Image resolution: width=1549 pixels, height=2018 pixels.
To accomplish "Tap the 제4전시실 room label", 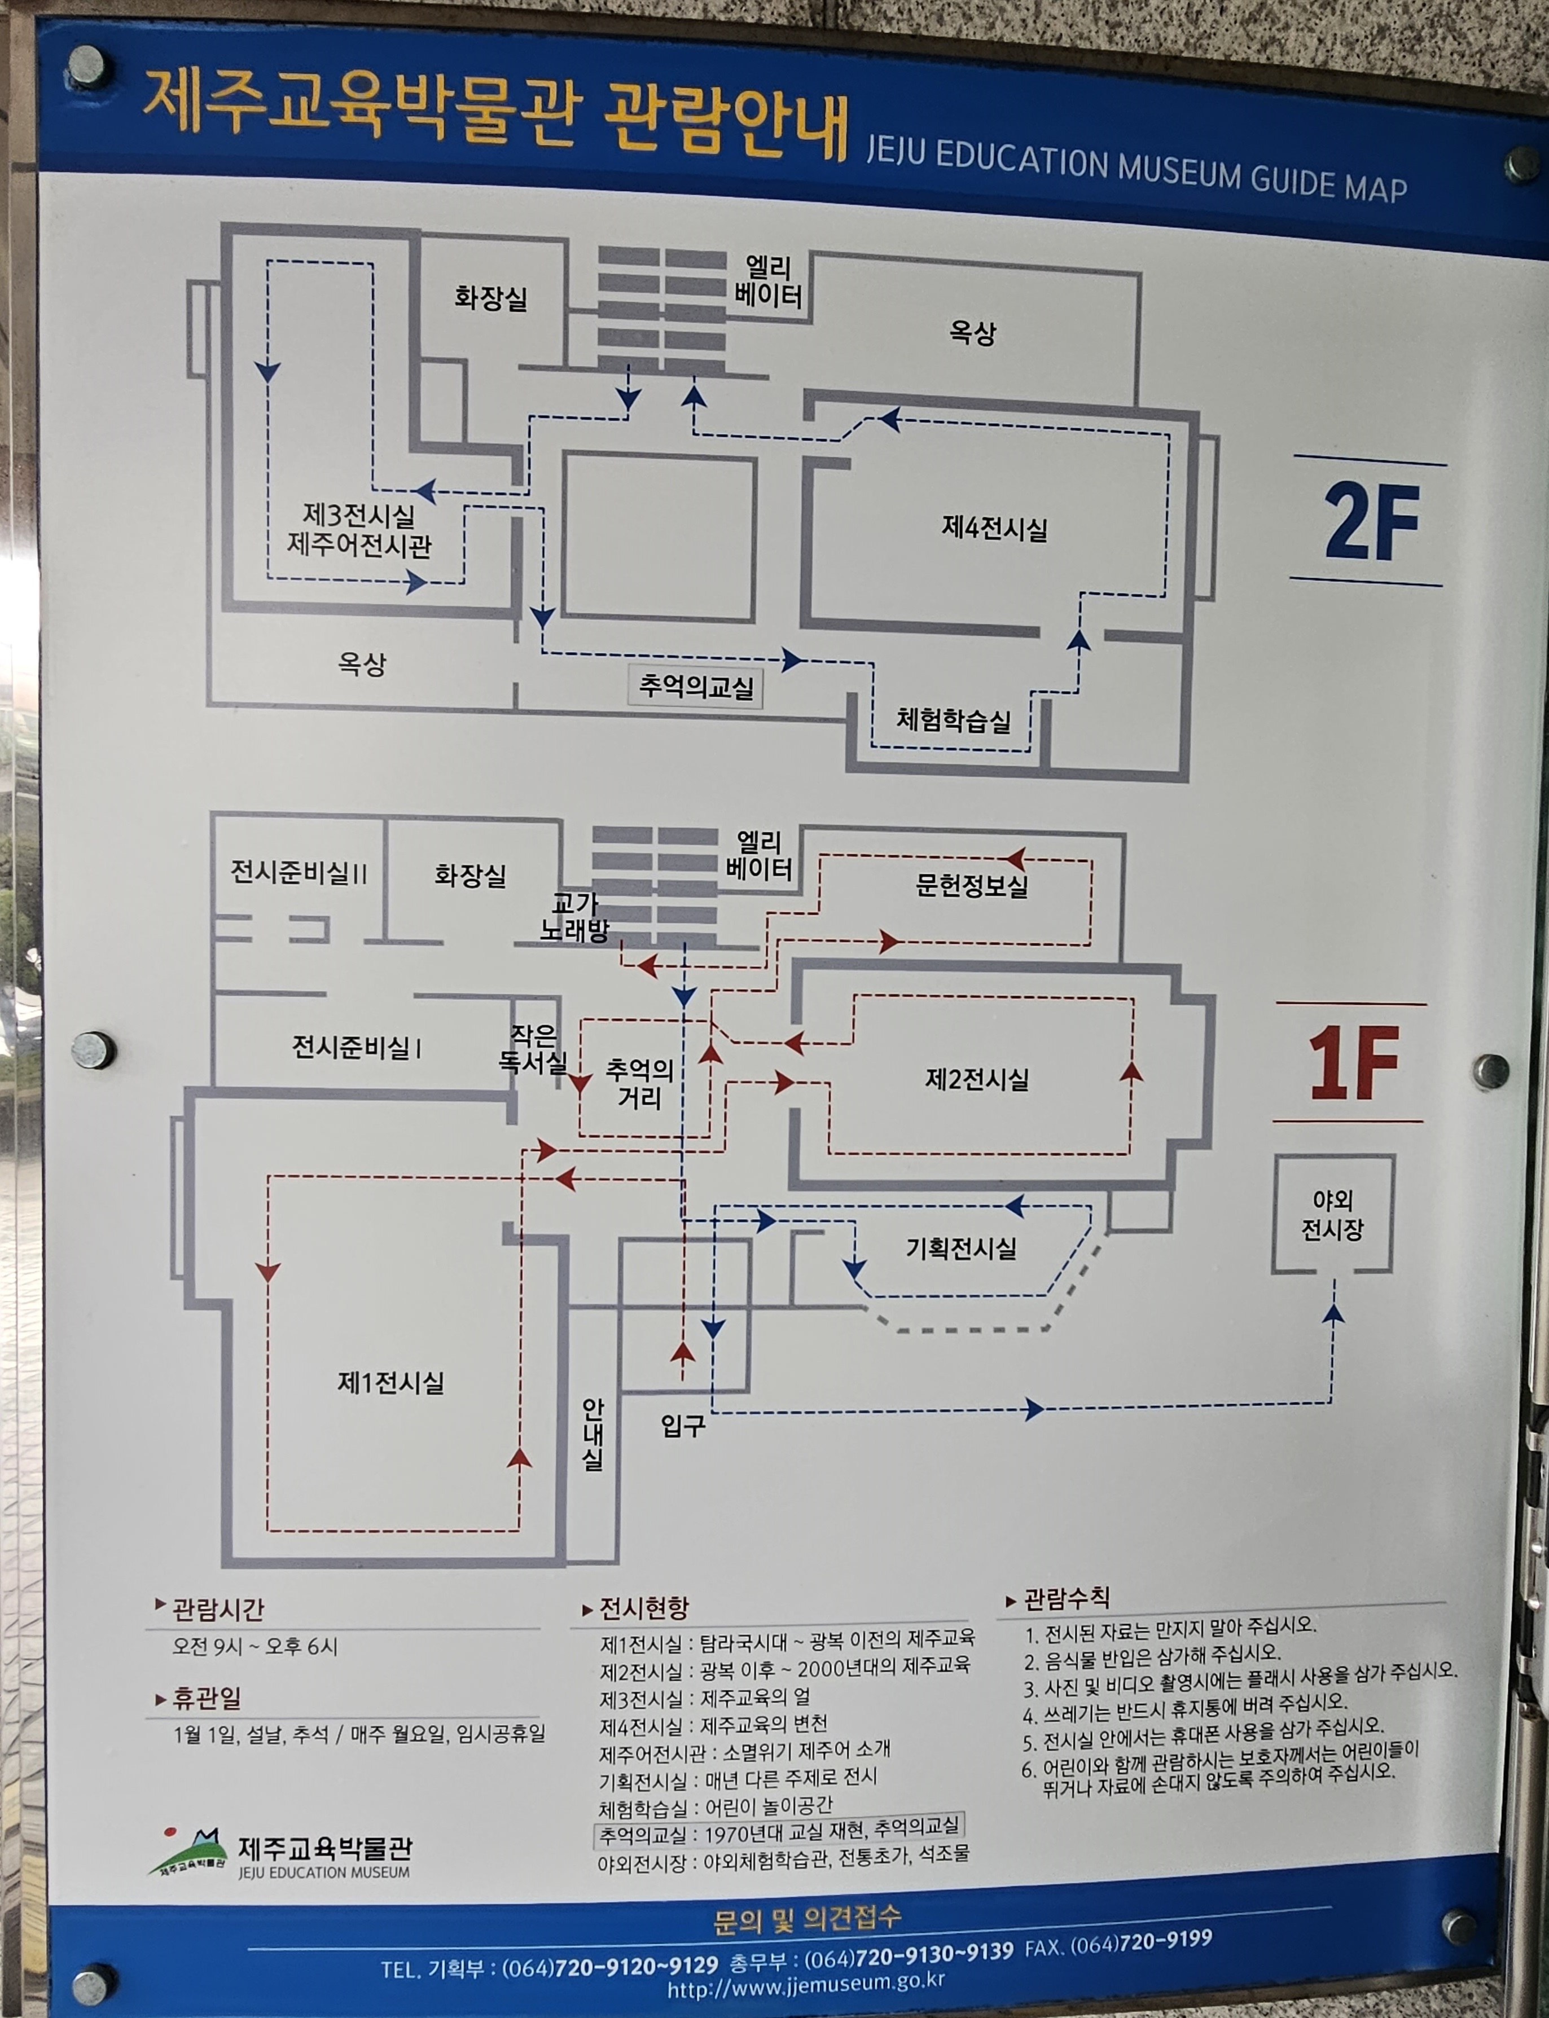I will pyautogui.click(x=994, y=528).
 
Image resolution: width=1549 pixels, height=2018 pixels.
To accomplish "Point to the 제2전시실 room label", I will pyautogui.click(x=976, y=1079).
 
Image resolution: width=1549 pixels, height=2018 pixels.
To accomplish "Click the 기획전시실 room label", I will pyautogui.click(x=961, y=1248).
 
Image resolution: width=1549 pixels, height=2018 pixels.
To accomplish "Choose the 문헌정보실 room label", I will pyautogui.click(x=971, y=886).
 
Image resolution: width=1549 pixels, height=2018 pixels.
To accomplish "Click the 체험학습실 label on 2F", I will pyautogui.click(x=953, y=720).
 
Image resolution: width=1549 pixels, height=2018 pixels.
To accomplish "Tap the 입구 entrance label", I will pyautogui.click(x=682, y=1425).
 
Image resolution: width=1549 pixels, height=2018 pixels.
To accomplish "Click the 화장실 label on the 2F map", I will pyautogui.click(x=490, y=298).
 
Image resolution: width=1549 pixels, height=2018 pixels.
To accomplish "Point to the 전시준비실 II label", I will pyautogui.click(x=298, y=872).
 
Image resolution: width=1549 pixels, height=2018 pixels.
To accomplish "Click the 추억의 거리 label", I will pyautogui.click(x=639, y=1083).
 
